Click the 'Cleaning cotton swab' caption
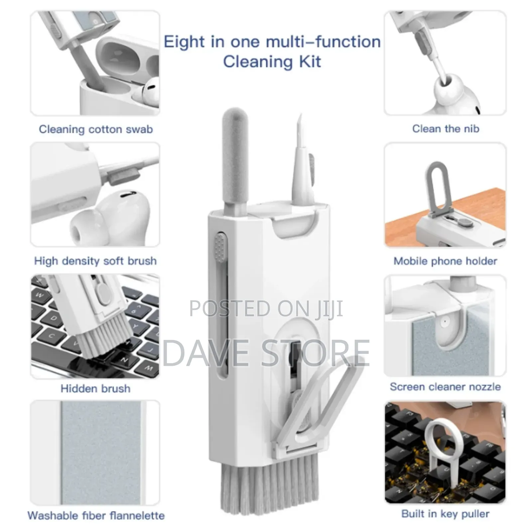tap(96, 129)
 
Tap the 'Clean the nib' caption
tap(446, 129)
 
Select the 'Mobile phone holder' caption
tap(445, 261)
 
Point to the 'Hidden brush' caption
tap(95, 388)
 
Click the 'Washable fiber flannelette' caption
tap(96, 515)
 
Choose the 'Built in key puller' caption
tap(445, 514)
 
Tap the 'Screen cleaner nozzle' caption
tap(445, 387)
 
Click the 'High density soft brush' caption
tap(95, 261)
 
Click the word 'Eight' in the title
tap(184, 42)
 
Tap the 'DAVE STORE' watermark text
tap(266, 353)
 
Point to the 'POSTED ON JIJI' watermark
tap(266, 309)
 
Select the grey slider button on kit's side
tap(220, 246)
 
